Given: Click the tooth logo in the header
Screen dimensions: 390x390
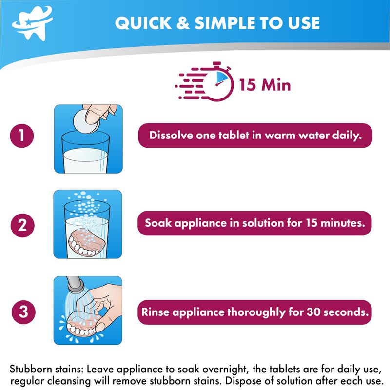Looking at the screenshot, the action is [x=32, y=23].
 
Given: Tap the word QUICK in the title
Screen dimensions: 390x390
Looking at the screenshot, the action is [x=143, y=23].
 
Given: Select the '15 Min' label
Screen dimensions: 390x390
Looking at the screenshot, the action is [x=265, y=84].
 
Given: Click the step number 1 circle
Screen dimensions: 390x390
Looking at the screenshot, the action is [x=22, y=136].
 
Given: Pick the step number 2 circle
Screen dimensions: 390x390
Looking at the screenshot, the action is [x=22, y=225].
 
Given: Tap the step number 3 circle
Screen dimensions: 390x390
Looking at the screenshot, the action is [x=23, y=312].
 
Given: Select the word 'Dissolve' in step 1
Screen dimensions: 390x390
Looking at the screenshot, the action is [x=171, y=136].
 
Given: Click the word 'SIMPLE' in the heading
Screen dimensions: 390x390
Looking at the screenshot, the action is [x=226, y=23].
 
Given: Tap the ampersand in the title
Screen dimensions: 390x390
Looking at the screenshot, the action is [x=183, y=23].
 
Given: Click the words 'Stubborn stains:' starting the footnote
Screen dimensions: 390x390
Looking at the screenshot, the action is [x=46, y=369].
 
